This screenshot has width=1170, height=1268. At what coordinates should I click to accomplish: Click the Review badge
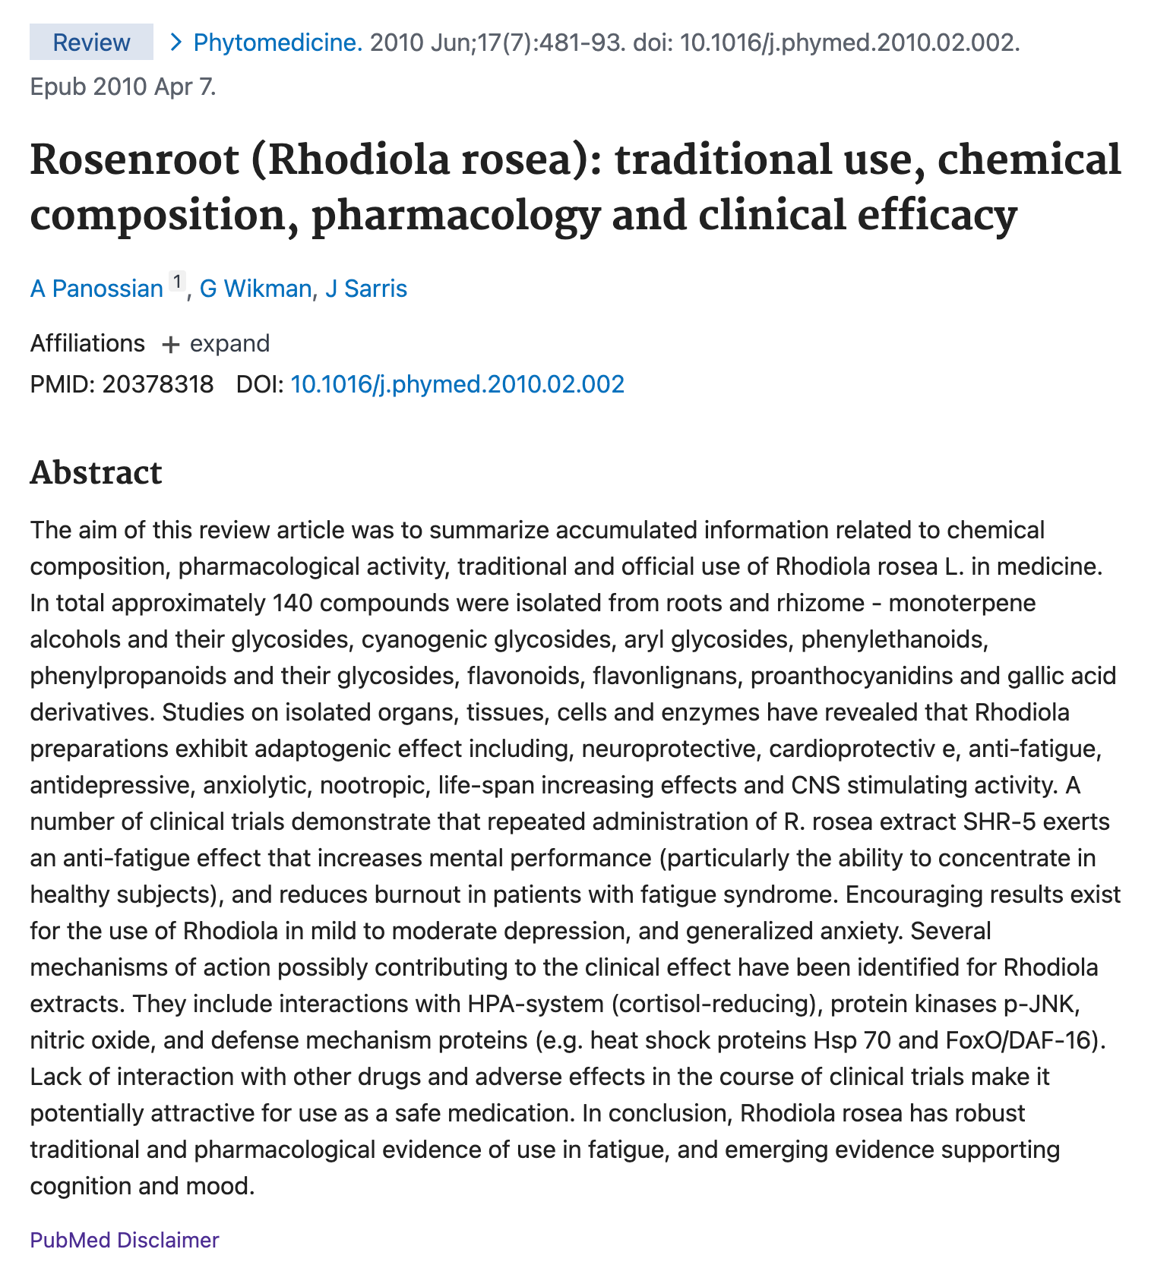[x=91, y=42]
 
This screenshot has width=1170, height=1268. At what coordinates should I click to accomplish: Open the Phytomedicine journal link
[x=278, y=42]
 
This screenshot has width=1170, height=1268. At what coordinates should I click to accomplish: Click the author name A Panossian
[x=96, y=289]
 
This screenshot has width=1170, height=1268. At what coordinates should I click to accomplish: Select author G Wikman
[x=255, y=289]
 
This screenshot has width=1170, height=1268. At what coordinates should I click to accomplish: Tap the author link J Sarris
[x=366, y=289]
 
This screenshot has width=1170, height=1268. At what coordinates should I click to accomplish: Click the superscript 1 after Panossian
[x=176, y=282]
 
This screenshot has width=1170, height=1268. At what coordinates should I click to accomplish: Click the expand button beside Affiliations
[x=217, y=343]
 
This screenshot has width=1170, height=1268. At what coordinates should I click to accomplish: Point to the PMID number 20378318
[x=158, y=384]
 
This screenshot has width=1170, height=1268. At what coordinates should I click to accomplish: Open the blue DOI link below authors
[x=457, y=384]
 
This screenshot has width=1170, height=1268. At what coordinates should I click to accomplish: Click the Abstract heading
[x=96, y=472]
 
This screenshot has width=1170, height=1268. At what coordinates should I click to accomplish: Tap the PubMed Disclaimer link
[x=125, y=1240]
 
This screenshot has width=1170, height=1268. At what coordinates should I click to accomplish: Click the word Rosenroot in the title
[x=134, y=160]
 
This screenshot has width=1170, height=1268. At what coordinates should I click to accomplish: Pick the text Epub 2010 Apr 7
[x=123, y=87]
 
